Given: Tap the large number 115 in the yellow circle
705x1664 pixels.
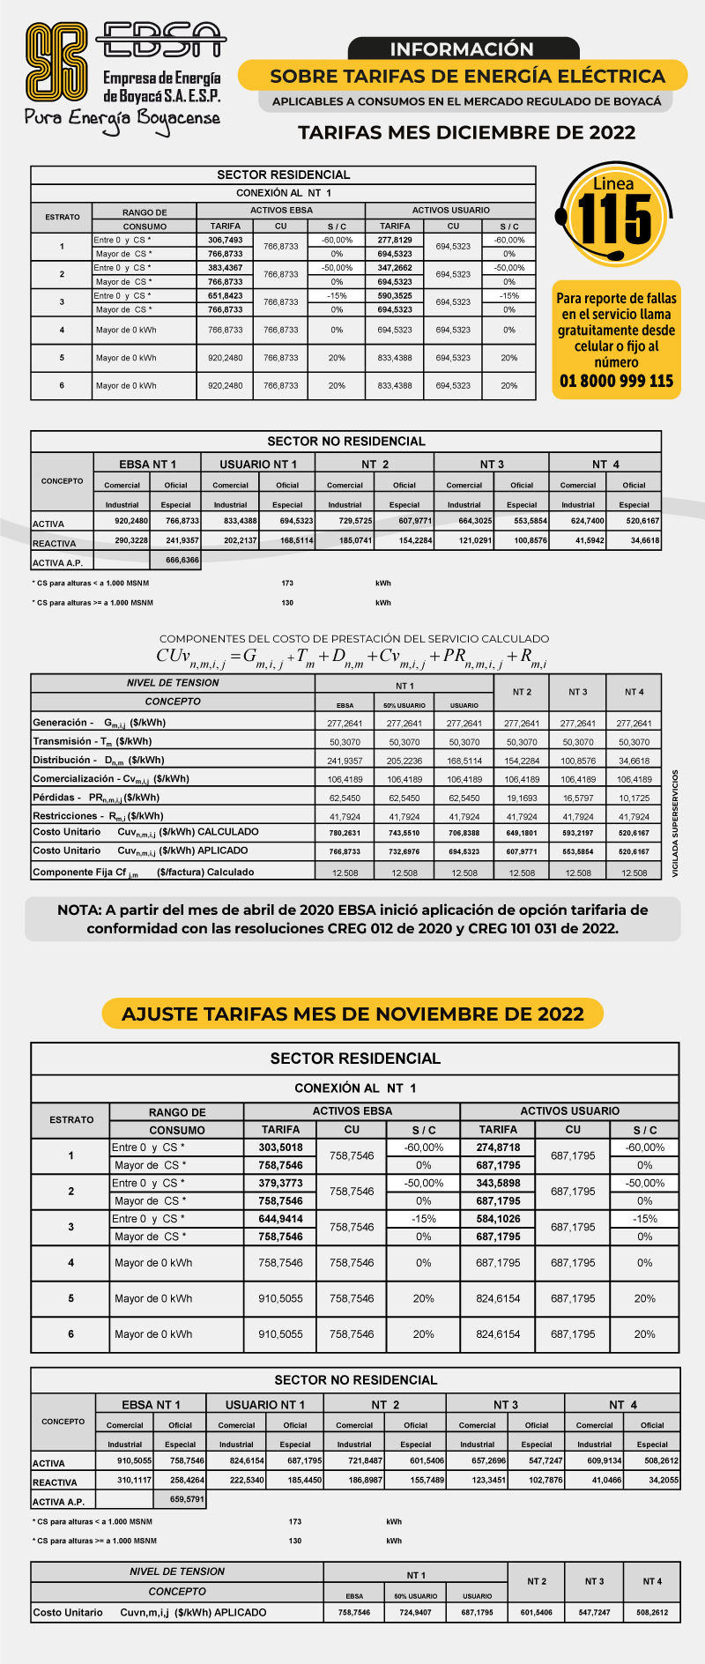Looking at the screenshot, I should tap(615, 219).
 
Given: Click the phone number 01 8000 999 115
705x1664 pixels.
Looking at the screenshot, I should tap(616, 381).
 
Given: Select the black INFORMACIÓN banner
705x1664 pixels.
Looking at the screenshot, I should tap(462, 49).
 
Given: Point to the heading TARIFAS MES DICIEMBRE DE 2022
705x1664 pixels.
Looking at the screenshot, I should tap(466, 132).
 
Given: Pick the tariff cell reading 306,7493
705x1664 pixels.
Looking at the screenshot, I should tap(226, 240).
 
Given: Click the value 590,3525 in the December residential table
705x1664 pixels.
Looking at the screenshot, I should tap(395, 296).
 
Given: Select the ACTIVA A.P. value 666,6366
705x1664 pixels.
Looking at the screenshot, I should tap(182, 560).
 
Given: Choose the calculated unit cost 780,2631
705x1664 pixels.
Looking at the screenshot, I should tap(345, 833).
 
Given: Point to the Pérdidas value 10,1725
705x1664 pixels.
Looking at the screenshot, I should tap(634, 798).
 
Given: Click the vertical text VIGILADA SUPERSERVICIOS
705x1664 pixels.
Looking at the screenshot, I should tap(676, 823).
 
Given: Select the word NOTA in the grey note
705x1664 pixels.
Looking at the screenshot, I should tap(78, 910).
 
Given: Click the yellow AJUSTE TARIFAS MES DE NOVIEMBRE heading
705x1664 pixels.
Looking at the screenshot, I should tap(352, 1014).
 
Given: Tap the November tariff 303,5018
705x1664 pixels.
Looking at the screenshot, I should tap(280, 1148).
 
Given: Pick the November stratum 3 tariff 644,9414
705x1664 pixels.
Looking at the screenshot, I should tap(280, 1219).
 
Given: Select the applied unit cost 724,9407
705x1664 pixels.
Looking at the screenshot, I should tap(415, 1612).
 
